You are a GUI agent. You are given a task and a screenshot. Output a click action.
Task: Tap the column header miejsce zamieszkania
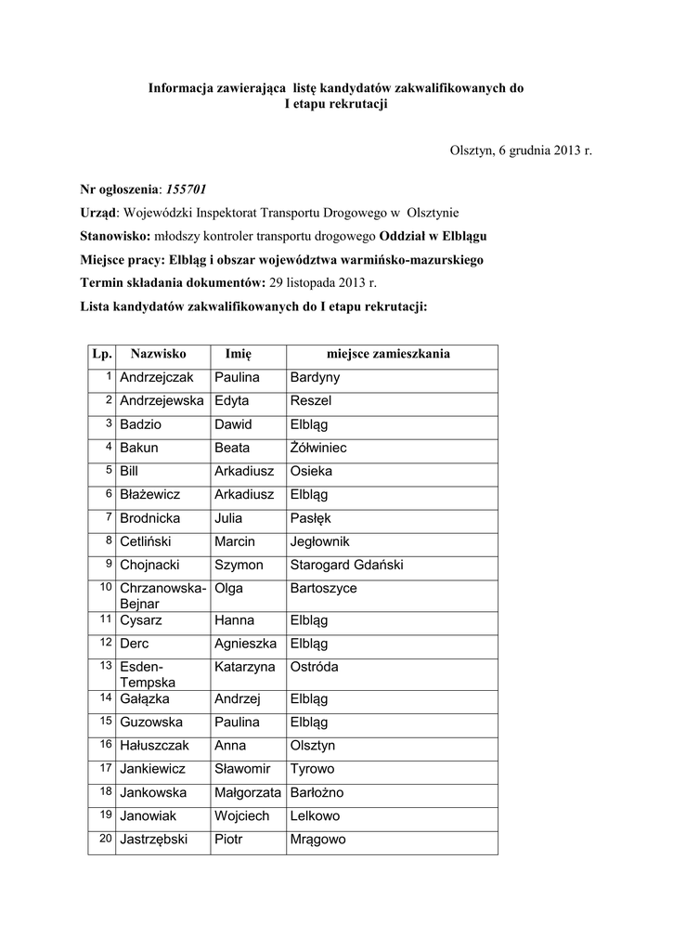click(388, 354)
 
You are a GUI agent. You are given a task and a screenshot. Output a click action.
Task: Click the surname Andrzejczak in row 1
click(157, 378)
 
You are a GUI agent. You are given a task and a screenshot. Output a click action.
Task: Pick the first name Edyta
click(232, 401)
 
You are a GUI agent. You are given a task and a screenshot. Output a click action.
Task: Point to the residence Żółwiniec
click(318, 448)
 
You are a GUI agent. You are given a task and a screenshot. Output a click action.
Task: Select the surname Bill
click(130, 471)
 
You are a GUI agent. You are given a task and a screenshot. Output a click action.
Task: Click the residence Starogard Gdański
click(346, 565)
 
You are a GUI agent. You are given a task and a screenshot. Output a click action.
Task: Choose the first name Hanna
click(234, 619)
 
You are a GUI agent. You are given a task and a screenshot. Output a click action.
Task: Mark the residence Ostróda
click(315, 667)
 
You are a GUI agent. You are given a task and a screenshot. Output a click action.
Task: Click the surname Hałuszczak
click(155, 746)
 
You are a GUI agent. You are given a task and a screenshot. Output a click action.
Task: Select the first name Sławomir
click(242, 769)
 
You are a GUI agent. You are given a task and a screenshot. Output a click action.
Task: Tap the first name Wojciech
click(242, 815)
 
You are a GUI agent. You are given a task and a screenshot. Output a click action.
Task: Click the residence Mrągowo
click(318, 840)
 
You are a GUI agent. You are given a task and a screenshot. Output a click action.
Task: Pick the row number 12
click(107, 642)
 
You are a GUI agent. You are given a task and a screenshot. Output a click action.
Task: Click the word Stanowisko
click(116, 236)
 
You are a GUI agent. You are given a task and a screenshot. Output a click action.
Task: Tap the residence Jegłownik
click(320, 541)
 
